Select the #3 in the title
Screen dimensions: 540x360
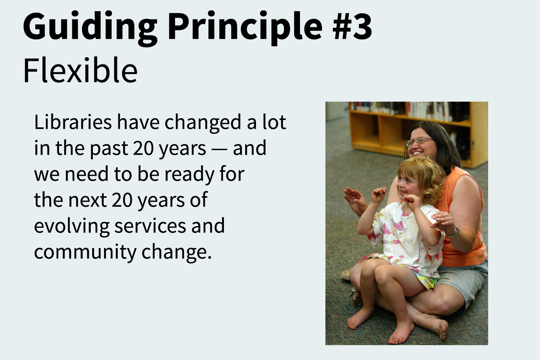[352, 25]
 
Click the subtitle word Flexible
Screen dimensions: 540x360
[80, 70]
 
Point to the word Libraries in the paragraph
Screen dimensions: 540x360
[73, 122]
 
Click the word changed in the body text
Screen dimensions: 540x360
[203, 123]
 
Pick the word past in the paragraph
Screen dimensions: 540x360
[109, 149]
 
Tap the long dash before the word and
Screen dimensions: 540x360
[219, 149]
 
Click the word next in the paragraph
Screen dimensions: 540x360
[88, 200]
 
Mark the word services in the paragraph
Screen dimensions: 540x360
[150, 226]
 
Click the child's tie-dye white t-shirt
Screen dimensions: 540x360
[408, 238]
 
